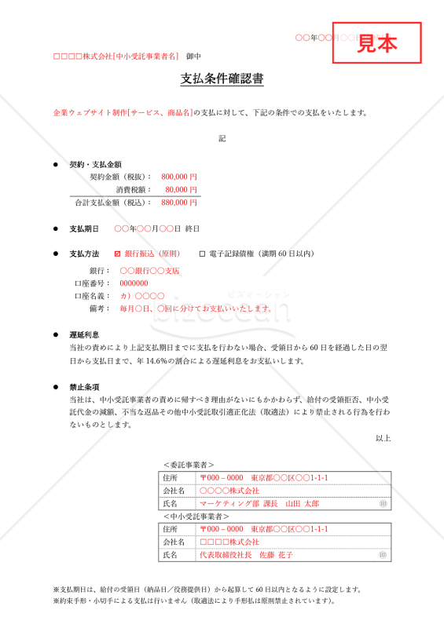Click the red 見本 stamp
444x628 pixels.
(377, 43)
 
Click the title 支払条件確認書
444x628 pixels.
(222, 79)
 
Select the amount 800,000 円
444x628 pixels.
(179, 177)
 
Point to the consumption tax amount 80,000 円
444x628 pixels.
(182, 189)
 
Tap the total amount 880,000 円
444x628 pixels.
(179, 203)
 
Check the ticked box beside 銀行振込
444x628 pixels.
(118, 254)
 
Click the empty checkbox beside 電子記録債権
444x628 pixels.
(202, 254)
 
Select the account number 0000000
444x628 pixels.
(134, 283)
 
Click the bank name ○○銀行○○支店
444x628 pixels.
(149, 270)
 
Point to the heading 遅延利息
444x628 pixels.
(84, 334)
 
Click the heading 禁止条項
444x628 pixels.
(84, 387)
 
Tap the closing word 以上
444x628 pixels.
(383, 438)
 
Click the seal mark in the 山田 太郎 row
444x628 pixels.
(383, 503)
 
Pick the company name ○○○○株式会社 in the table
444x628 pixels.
(229, 491)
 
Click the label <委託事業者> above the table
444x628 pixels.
(189, 465)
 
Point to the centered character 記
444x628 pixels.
(222, 139)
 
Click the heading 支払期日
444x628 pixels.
(84, 228)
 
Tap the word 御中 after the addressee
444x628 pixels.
(194, 57)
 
